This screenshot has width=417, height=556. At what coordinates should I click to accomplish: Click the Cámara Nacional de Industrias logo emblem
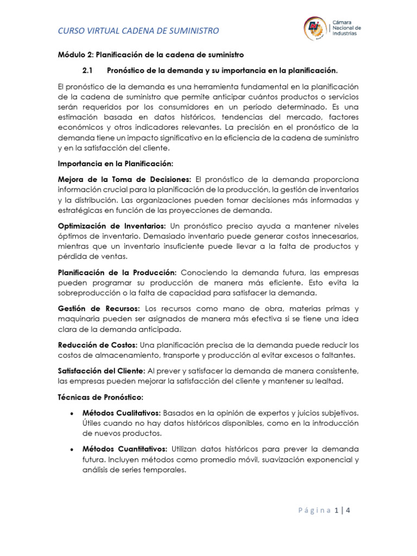314,28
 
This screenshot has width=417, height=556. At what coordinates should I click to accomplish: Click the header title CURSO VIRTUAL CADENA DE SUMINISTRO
138,31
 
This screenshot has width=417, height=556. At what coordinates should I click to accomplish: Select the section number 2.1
88,71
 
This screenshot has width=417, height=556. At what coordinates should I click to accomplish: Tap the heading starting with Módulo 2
151,55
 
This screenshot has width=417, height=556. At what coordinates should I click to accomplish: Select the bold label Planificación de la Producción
117,272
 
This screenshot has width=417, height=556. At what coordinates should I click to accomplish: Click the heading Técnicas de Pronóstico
100,397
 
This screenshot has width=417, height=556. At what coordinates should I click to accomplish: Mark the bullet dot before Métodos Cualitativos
72,413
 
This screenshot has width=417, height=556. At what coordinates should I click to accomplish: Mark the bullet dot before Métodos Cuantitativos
72,450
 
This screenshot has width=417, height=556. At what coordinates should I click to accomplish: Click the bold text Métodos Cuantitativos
124,450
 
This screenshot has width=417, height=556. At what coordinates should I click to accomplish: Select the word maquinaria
80,319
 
